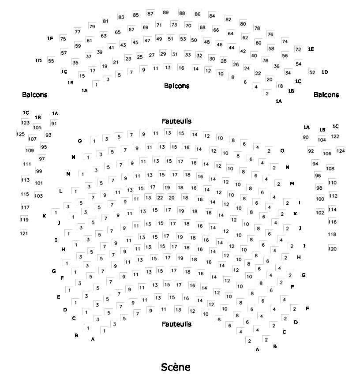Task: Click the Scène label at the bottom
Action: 176,367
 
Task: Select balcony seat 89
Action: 165,12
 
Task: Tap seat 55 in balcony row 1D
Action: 51,61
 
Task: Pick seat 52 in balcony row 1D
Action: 312,72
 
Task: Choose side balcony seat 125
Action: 21,134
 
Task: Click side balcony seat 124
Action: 341,151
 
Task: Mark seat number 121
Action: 24,233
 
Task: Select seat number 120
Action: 332,249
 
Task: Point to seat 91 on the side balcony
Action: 54,124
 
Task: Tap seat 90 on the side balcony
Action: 305,137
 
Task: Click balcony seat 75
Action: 63,39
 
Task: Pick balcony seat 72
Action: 298,49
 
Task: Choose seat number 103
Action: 38,195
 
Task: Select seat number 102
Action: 320,212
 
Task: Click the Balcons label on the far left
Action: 34,94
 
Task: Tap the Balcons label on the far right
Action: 326,94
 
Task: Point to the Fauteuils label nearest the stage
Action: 176,324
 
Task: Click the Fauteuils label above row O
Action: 176,121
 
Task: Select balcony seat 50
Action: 194,40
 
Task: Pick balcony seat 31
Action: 175,54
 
